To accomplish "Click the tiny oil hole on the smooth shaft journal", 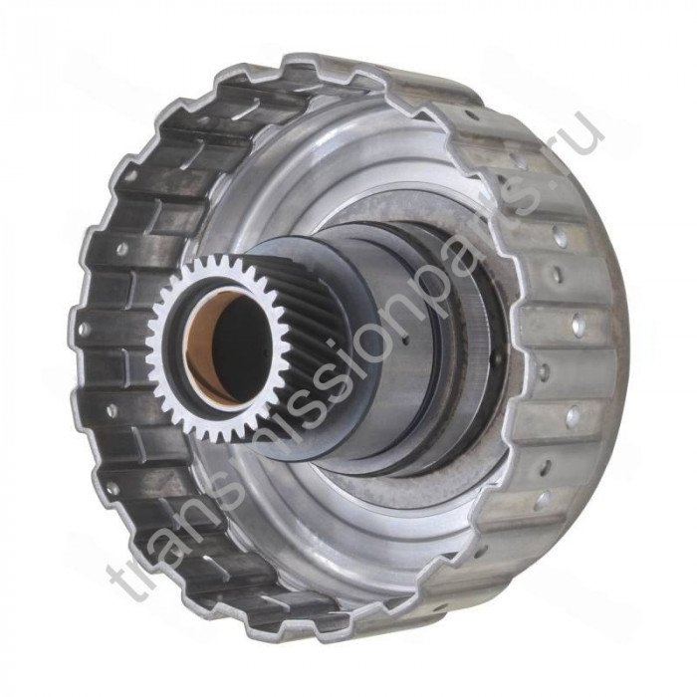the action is click(x=404, y=341).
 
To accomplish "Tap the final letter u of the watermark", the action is click(x=586, y=133).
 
